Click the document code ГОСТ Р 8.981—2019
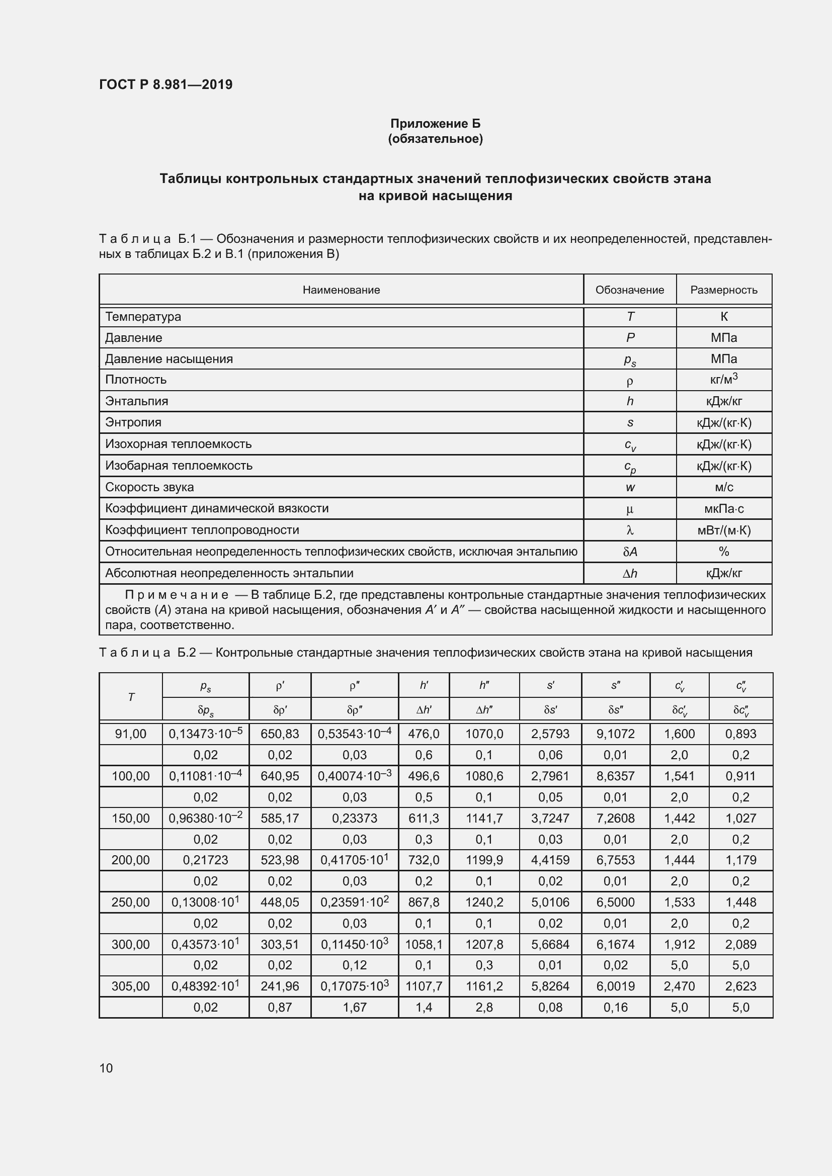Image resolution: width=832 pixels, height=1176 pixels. click(x=165, y=84)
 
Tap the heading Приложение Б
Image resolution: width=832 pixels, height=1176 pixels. click(x=435, y=124)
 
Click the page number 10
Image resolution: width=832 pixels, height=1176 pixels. click(x=106, y=1068)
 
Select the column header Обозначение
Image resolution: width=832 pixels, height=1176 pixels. click(x=629, y=290)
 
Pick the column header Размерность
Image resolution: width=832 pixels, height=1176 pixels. click(x=723, y=290)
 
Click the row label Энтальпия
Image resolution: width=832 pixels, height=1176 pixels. click(x=137, y=401)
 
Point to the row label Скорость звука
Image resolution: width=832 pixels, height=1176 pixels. click(x=149, y=487)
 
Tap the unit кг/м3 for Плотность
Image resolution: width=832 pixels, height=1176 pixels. click(x=723, y=380)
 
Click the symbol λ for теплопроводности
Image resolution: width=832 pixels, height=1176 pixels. click(x=630, y=530)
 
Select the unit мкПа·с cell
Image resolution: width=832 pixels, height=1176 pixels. click(x=723, y=509)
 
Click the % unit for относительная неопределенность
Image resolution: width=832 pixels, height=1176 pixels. click(x=723, y=552)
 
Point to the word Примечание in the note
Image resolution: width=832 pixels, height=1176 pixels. click(x=177, y=595)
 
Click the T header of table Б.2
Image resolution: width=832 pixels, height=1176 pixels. click(x=131, y=697)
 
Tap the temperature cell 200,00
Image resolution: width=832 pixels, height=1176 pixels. click(x=131, y=860)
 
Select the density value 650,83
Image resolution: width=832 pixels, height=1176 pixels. click(x=280, y=734)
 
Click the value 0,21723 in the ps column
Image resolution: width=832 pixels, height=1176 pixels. click(x=205, y=860)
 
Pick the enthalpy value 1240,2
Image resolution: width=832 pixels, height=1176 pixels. click(x=483, y=902)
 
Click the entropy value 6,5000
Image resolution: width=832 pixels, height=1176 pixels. click(x=615, y=902)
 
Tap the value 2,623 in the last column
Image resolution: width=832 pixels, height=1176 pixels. click(x=740, y=986)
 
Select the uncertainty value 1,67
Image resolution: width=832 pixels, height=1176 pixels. click(x=355, y=1008)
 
